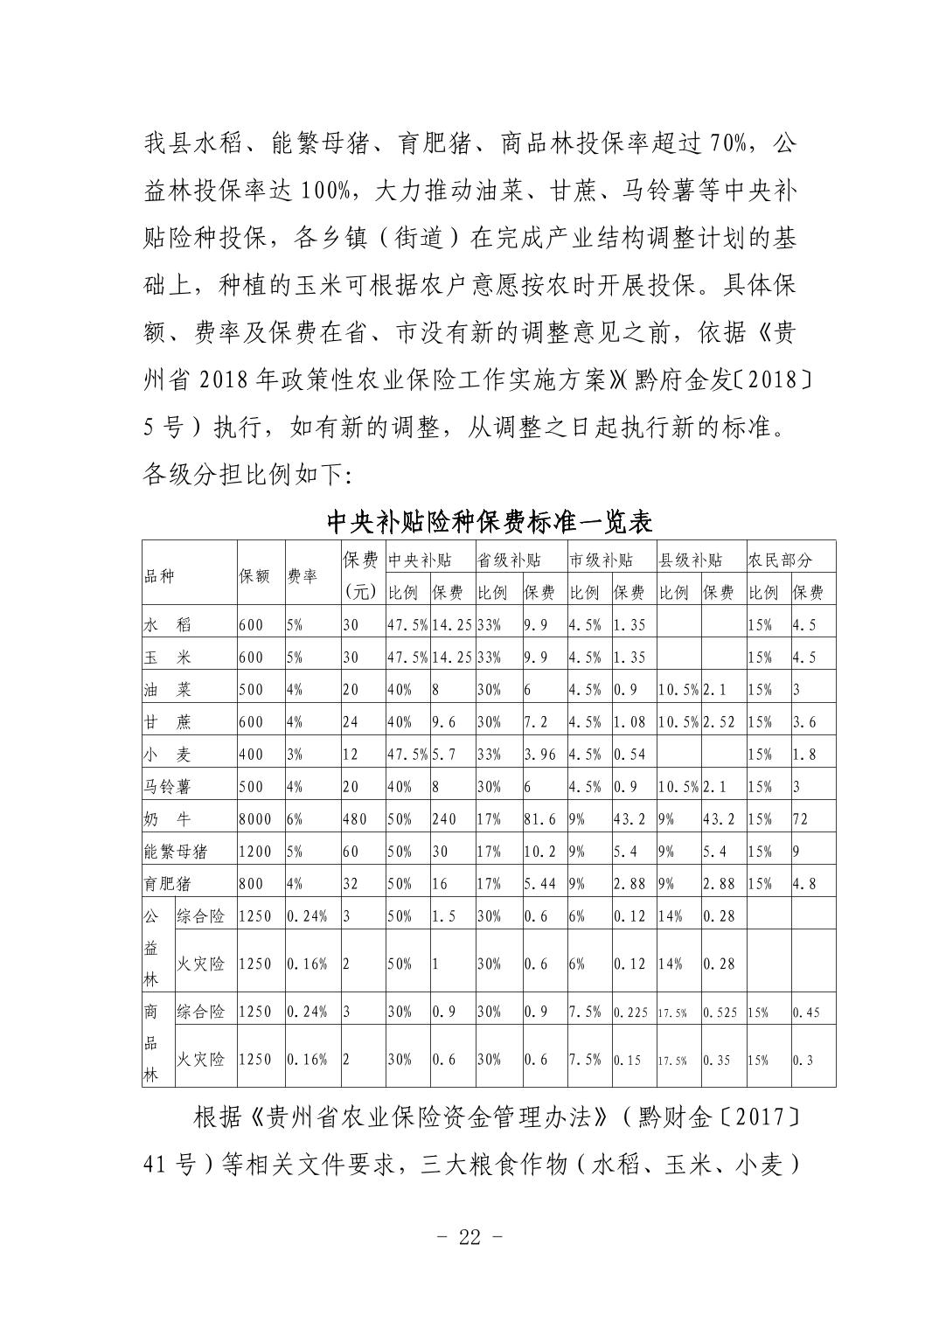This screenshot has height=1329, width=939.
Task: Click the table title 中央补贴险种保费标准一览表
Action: tap(490, 522)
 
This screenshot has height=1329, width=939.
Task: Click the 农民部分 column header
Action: tap(779, 560)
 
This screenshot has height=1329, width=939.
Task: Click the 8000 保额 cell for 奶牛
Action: tap(254, 819)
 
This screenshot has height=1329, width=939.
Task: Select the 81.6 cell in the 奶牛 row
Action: tap(539, 819)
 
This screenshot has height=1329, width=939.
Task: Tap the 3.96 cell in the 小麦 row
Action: tap(540, 755)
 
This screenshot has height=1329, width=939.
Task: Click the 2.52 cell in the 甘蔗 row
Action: tap(720, 722)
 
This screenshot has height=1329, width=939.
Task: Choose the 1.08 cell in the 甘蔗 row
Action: tap(629, 722)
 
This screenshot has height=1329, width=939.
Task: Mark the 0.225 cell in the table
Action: tap(630, 1012)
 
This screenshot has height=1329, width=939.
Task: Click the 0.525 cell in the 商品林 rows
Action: tap(720, 1012)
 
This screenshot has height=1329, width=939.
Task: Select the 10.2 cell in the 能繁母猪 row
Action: tap(539, 852)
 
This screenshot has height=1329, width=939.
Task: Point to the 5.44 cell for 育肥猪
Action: tap(540, 884)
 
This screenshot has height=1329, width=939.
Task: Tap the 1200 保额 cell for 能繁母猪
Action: tap(254, 852)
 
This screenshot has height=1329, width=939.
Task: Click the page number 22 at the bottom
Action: tap(469, 1237)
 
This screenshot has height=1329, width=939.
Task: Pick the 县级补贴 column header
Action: tap(690, 560)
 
